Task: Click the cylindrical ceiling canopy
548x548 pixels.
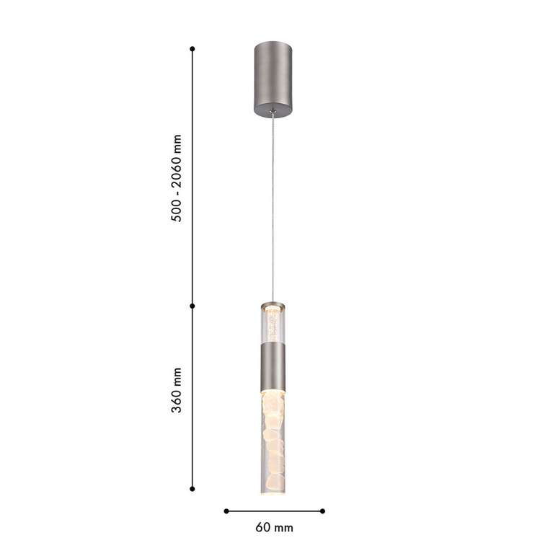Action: click(x=273, y=78)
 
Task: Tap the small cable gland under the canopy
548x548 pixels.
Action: click(x=273, y=112)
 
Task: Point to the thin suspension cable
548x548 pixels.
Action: click(x=273, y=209)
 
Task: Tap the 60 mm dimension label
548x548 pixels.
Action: click(x=274, y=528)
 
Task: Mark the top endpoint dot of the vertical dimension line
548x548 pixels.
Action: click(x=193, y=48)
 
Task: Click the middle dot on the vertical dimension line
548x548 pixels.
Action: click(x=193, y=306)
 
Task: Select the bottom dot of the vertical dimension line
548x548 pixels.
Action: click(x=193, y=488)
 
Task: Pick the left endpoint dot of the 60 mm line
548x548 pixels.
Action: click(x=226, y=511)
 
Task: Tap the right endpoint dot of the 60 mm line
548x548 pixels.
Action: click(x=322, y=511)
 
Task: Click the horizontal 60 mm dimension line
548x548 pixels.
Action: click(x=274, y=511)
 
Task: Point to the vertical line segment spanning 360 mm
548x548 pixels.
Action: click(x=193, y=397)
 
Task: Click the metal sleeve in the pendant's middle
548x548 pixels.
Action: click(x=273, y=366)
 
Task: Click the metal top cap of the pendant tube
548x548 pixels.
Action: click(x=273, y=304)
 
